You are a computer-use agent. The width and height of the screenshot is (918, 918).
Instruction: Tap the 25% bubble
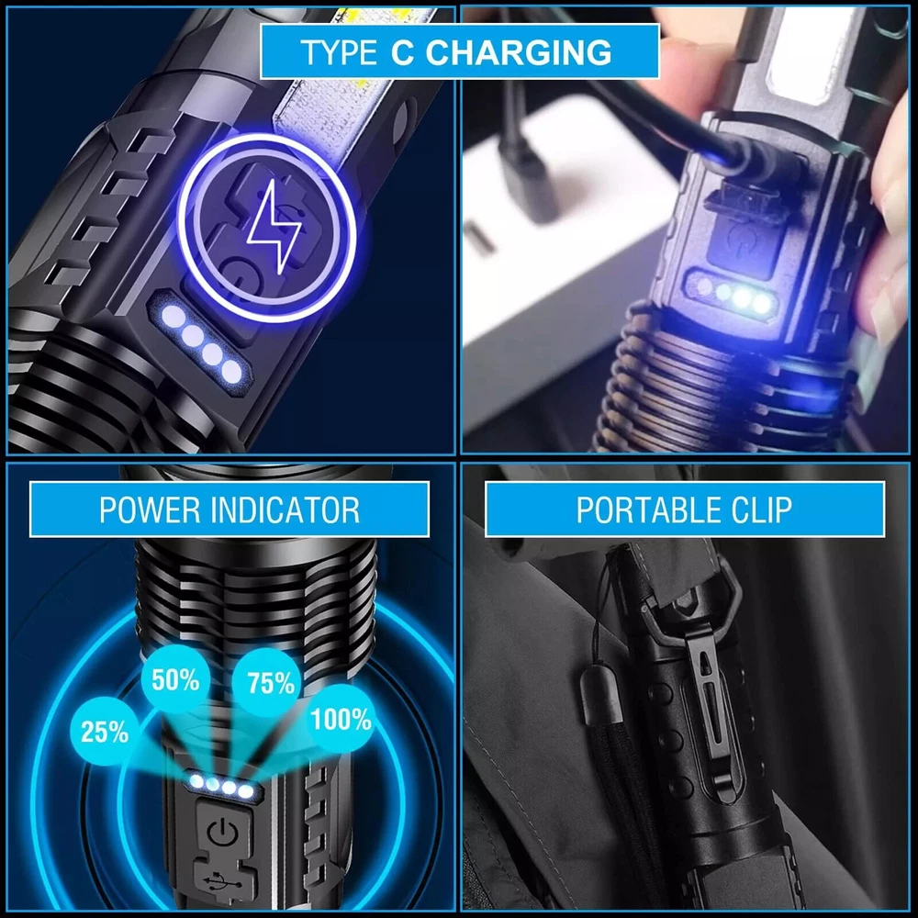(x=104, y=732)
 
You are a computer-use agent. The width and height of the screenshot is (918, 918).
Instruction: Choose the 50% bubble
(x=175, y=680)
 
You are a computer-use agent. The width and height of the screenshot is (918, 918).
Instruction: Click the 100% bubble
(x=341, y=719)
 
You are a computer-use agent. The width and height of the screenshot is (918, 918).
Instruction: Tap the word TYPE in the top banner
(x=338, y=52)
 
